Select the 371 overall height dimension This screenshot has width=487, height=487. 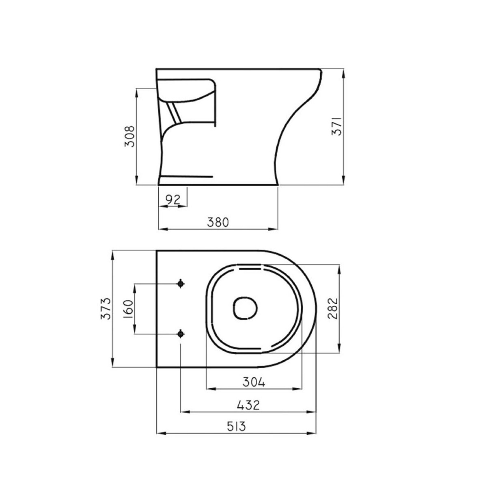(x=337, y=126)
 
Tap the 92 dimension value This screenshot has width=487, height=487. (x=173, y=200)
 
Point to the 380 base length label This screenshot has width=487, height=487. (x=218, y=222)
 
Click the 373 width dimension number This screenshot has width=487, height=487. (x=106, y=309)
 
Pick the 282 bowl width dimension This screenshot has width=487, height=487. (x=333, y=309)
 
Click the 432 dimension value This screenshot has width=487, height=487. (x=248, y=405)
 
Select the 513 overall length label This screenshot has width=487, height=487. (x=236, y=427)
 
